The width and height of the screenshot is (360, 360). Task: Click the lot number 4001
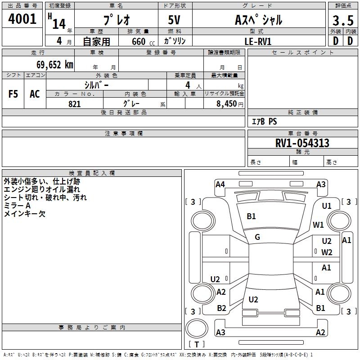click(22, 19)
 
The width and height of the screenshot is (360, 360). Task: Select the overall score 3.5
click(343, 20)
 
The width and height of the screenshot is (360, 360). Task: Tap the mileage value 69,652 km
click(55, 65)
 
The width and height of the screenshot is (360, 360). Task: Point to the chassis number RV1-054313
click(302, 143)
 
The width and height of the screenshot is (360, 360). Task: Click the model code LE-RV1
click(258, 41)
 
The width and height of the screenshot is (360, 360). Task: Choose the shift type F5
click(13, 94)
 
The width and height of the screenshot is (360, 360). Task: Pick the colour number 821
click(74, 104)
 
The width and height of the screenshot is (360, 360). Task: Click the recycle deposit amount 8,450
click(226, 104)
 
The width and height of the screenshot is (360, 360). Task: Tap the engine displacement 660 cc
click(143, 42)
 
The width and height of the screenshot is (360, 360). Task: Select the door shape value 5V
click(174, 20)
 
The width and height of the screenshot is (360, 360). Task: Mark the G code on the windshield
click(257, 237)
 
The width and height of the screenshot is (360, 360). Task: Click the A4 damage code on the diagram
click(220, 184)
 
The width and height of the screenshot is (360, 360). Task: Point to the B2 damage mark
click(221, 308)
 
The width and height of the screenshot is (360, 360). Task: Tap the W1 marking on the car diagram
click(318, 225)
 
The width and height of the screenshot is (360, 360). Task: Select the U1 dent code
click(327, 206)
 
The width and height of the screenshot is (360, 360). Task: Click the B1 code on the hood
click(251, 216)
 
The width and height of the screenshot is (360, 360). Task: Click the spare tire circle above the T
click(197, 328)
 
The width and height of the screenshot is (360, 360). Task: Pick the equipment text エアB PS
click(265, 121)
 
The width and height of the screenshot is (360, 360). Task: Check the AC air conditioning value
click(35, 94)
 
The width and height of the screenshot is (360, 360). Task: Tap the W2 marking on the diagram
click(327, 252)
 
